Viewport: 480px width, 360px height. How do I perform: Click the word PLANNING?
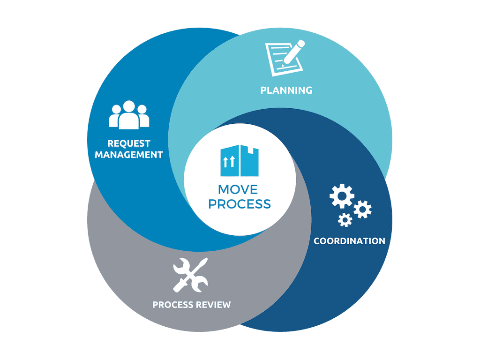tap(286, 90)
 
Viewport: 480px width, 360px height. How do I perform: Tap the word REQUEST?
tap(129, 143)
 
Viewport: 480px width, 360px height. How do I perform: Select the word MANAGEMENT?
tap(129, 155)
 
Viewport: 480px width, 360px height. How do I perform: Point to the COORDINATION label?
tap(349, 241)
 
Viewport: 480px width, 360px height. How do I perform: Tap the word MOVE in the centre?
tap(238, 189)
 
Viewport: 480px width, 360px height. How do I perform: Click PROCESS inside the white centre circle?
tap(240, 204)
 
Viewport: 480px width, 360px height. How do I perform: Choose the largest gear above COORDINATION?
tap(342, 196)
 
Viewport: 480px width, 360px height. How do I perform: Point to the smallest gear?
tap(345, 219)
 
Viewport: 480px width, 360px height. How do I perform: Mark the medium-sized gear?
tap(362, 209)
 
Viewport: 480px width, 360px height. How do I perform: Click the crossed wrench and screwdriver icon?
tap(190, 276)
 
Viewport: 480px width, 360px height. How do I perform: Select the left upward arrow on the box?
tap(225, 162)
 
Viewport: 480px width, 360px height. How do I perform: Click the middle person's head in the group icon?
tap(129, 106)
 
